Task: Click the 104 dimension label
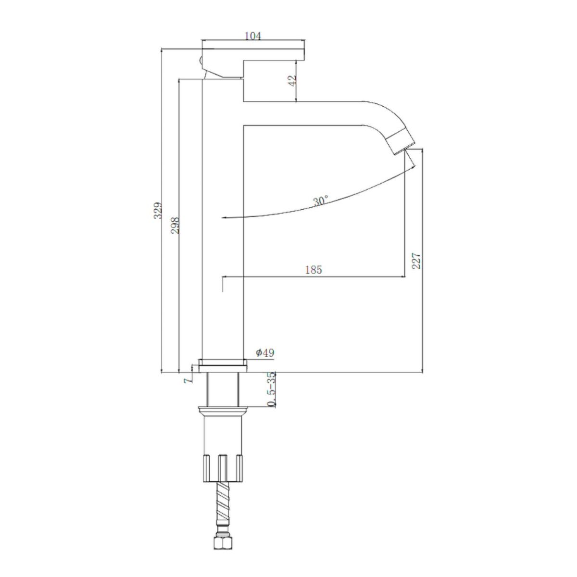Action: pos(253,36)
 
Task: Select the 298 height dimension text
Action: pos(176,225)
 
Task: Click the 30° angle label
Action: pos(321,201)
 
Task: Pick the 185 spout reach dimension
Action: pos(314,270)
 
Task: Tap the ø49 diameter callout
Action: pos(265,353)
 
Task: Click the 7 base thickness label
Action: pos(188,380)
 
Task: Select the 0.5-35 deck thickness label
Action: pos(271,389)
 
